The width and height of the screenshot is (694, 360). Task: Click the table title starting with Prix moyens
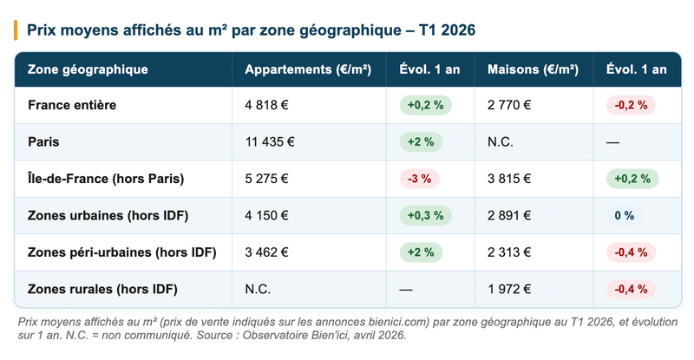coord(252,30)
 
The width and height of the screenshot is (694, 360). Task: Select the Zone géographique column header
coord(88,69)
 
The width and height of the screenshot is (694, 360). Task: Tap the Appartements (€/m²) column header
coord(308,69)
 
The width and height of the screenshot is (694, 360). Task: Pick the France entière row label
coord(72,105)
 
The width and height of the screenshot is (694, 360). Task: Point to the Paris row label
coord(43,141)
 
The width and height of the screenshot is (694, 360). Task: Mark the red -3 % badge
coord(420,179)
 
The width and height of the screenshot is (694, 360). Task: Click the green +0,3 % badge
coord(425,215)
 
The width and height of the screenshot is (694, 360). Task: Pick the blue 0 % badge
coord(624,215)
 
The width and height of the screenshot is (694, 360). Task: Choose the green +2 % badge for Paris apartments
coord(420,141)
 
